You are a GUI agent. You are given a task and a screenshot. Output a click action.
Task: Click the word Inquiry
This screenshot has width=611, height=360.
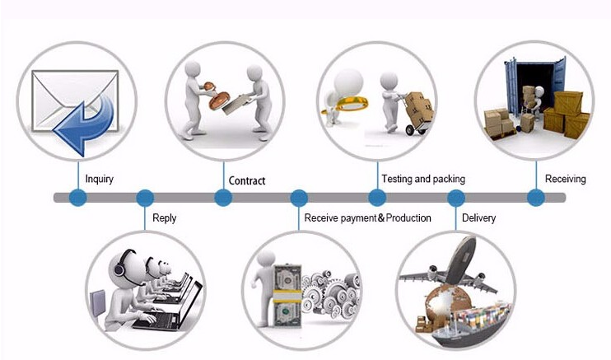99,179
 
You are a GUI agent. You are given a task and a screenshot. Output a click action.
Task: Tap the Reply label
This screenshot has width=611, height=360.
164,218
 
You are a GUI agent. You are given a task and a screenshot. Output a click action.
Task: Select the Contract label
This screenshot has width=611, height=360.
246,180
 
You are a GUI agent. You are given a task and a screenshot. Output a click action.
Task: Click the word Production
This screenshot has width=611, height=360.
408,218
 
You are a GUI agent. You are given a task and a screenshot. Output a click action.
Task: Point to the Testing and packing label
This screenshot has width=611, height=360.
422,179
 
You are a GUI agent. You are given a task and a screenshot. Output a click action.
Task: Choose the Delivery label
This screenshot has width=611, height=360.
478,218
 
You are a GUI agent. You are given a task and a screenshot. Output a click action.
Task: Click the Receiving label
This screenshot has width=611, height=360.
565,179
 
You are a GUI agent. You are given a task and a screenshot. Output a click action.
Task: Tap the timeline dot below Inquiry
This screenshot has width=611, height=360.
77,198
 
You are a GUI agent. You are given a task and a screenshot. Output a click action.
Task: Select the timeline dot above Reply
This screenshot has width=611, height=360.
145,198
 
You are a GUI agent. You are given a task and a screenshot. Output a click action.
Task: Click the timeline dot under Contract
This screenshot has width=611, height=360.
223,198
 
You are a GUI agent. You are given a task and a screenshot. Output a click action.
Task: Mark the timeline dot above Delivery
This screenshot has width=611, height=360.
455,198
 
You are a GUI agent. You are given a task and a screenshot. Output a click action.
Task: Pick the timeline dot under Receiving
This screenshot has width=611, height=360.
536,198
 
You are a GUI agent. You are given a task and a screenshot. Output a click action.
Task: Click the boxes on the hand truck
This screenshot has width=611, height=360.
417,105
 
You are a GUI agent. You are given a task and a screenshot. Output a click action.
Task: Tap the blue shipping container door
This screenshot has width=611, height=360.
511,82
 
